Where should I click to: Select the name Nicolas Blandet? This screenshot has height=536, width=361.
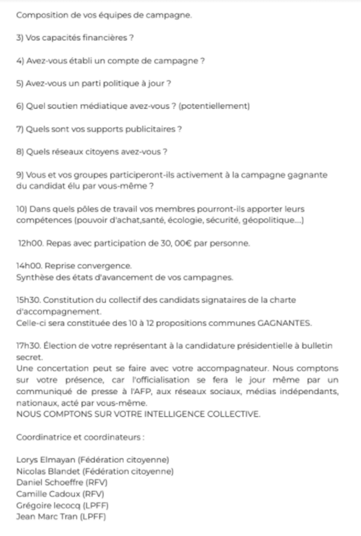pos(49,471)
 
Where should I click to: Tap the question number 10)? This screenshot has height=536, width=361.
pos(23,209)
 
